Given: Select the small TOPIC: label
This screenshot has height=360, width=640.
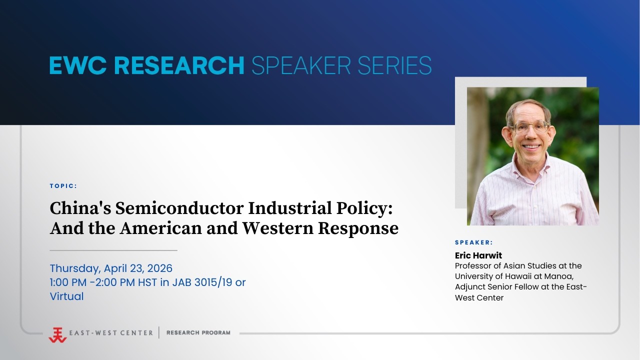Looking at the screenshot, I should (x=63, y=186).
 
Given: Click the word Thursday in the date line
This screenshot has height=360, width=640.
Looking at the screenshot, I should (x=74, y=268).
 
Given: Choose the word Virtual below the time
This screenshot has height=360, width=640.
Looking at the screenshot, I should (x=66, y=296).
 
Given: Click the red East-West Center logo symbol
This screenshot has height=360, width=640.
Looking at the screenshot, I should (x=57, y=334).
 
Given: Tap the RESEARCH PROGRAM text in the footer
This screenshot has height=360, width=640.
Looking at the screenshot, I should (x=198, y=332).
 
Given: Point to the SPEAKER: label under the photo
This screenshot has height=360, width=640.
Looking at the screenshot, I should (x=474, y=242).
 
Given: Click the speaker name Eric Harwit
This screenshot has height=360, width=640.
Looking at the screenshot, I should (x=478, y=255).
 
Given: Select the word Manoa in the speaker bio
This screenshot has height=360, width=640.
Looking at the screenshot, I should (x=567, y=276).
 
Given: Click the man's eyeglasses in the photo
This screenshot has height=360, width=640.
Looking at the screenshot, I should (x=528, y=127).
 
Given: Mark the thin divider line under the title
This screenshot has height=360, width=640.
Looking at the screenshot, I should (x=113, y=250).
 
